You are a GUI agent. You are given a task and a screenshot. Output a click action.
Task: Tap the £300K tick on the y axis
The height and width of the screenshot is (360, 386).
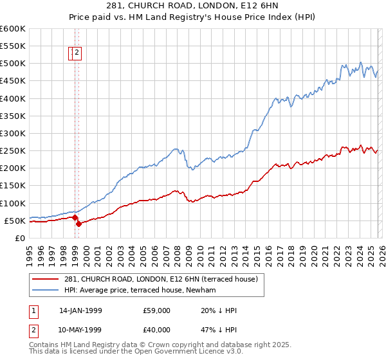(13, 133)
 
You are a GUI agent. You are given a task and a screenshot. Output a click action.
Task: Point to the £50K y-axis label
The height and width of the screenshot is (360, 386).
(15, 221)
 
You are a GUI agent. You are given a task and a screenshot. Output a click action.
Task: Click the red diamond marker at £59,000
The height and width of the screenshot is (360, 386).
(75, 217)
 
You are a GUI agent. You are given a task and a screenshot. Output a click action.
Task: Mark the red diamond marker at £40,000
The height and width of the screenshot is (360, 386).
(78, 224)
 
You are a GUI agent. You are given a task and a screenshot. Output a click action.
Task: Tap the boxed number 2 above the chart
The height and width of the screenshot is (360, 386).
(77, 53)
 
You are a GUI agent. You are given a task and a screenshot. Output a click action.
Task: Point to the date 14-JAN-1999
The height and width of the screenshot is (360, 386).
(80, 310)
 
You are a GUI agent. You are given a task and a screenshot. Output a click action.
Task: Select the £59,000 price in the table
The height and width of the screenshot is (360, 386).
(157, 310)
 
